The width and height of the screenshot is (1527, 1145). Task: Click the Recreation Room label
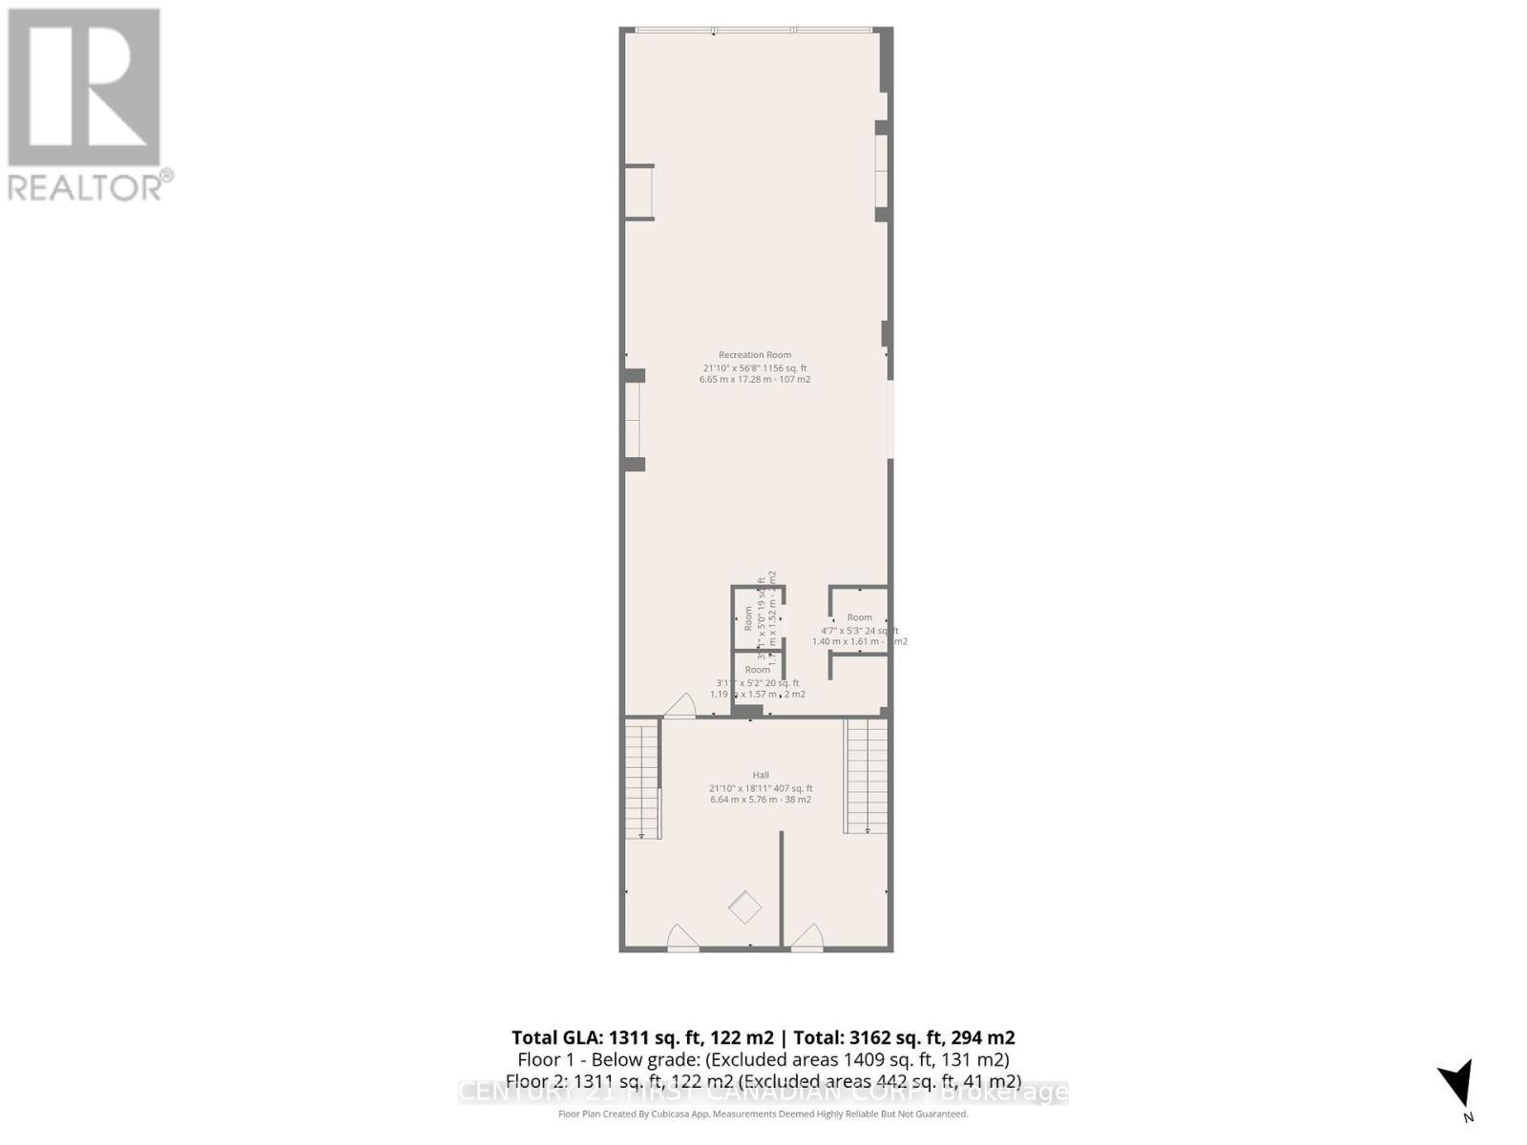tap(755, 355)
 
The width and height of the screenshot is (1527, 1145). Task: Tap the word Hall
tap(761, 775)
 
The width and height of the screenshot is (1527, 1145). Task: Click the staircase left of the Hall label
tap(642, 780)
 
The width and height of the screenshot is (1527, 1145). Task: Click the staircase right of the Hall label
tap(867, 776)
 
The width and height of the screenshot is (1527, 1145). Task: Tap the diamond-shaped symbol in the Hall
tap(745, 906)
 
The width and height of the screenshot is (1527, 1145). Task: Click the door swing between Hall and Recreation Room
tap(680, 706)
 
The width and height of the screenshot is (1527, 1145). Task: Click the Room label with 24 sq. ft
tap(859, 617)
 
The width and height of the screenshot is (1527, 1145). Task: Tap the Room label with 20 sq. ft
tap(758, 670)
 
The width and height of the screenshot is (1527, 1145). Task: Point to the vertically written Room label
tap(748, 618)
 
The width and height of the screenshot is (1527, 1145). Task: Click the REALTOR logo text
tap(91, 186)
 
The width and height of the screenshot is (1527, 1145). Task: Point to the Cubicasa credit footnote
tap(763, 1114)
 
